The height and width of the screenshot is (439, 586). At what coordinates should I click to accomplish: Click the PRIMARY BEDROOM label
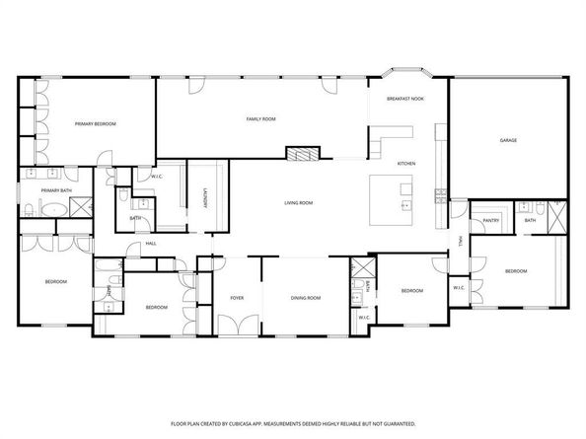(96, 123)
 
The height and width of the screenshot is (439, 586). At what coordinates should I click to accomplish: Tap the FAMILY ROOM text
(260, 118)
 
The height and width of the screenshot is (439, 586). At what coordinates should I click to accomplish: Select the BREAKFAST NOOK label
(405, 99)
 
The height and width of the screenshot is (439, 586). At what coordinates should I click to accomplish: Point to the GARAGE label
(508, 141)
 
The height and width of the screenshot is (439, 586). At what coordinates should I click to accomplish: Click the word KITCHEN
(406, 163)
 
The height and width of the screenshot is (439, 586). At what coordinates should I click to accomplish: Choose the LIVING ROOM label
(298, 202)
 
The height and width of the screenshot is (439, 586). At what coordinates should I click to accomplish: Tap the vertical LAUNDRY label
(204, 197)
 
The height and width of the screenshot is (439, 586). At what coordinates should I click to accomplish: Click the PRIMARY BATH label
(55, 189)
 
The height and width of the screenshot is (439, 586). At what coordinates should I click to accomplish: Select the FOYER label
(237, 297)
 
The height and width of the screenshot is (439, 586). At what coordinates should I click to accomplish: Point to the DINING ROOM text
(305, 297)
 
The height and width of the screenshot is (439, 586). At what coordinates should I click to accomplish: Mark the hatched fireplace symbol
(303, 154)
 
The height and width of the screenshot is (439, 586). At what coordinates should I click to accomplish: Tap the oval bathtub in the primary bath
(52, 209)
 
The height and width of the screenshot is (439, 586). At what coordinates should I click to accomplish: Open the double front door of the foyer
(237, 326)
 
